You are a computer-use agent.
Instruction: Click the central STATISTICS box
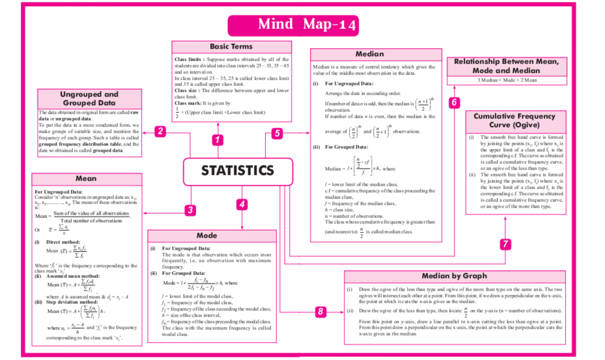(238, 171)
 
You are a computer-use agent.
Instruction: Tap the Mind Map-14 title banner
(293, 25)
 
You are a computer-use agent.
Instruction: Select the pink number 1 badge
(217, 140)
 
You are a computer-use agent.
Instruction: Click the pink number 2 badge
(160, 131)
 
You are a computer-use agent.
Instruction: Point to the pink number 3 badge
(190, 210)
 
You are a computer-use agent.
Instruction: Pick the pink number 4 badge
(242, 204)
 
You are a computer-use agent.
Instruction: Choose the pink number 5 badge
(277, 133)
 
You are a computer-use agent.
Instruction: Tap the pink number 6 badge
(454, 102)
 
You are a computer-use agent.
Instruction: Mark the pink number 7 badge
(505, 244)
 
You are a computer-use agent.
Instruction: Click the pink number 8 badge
(320, 311)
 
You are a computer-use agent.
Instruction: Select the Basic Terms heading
(231, 47)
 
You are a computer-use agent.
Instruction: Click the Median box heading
(370, 54)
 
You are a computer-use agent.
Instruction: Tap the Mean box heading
(86, 178)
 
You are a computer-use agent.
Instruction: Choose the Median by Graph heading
(454, 276)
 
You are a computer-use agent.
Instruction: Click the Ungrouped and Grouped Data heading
(89, 98)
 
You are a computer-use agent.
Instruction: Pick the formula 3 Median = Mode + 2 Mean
(507, 80)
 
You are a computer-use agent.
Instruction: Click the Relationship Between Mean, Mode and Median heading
(506, 66)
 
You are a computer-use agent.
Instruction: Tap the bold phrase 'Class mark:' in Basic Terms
(188, 103)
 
